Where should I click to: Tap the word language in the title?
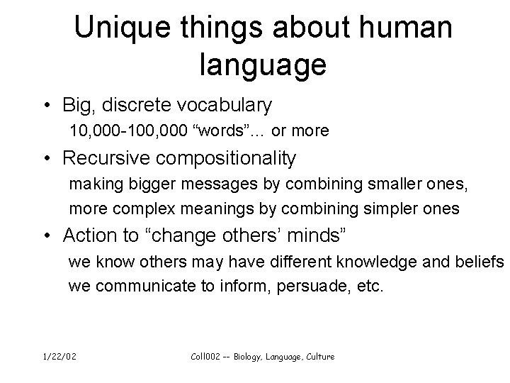[x=263, y=65]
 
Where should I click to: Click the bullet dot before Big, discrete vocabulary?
[x=46, y=106]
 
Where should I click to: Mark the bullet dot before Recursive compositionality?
[x=46, y=157]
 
